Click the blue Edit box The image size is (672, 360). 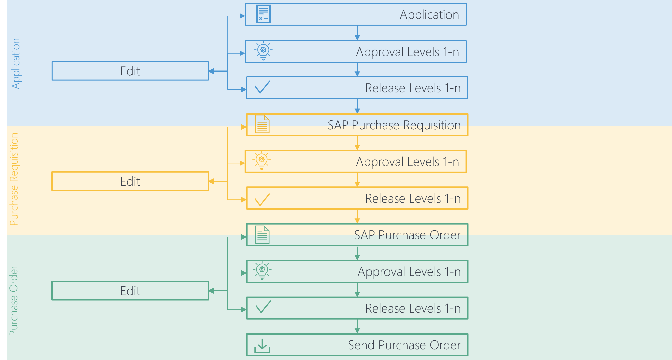130,71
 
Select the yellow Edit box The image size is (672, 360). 130,181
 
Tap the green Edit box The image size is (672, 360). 130,291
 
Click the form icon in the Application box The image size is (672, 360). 263,14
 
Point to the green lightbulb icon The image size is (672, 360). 262,271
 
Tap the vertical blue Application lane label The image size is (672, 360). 16,64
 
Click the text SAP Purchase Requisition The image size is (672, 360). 394,125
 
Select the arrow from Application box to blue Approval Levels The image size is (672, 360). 357,33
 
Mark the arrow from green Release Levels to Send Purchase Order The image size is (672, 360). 357,327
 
